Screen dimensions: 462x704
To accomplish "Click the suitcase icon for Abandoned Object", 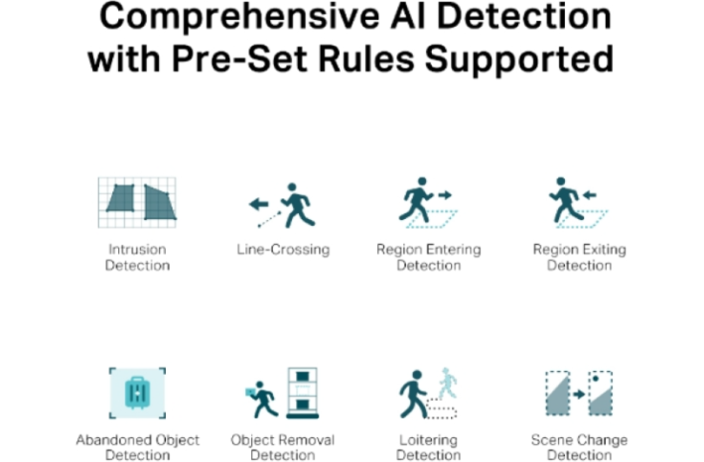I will coord(137,393).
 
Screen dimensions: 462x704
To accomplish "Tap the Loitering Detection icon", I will coord(428,394).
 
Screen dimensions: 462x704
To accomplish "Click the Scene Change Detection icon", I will coord(579,394).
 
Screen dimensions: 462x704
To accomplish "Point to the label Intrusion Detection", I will coord(137,257).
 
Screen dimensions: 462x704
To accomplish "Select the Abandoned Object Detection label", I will coord(137,447).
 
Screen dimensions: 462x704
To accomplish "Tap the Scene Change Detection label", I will coord(579,447).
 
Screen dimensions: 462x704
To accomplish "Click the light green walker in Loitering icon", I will coord(449,383).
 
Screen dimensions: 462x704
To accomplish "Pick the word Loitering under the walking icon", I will coord(428,439).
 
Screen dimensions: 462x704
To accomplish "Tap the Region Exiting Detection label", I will coord(579,257).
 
